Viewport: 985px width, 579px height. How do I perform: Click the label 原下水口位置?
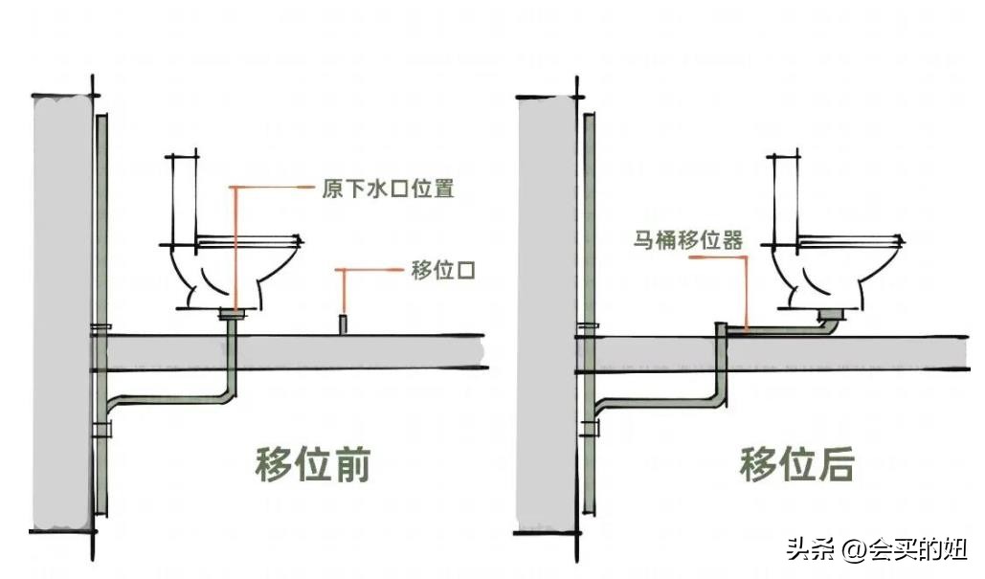click(387, 189)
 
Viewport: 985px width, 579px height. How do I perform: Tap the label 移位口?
click(443, 271)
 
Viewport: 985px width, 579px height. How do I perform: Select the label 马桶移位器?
click(687, 240)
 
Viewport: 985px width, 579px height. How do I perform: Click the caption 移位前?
click(312, 465)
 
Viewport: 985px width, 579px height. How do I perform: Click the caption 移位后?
click(796, 465)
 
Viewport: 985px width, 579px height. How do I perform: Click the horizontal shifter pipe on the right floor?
click(775, 330)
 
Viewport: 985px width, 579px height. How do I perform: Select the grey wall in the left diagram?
click(62, 316)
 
